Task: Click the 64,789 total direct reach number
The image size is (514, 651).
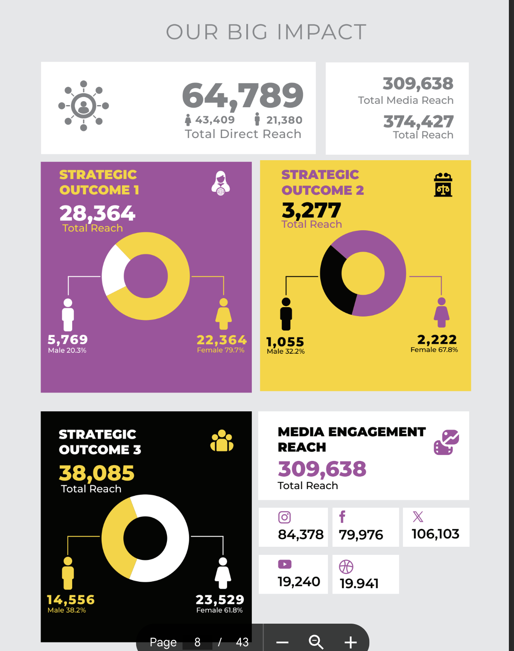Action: tap(242, 96)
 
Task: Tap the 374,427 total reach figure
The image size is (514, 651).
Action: tap(418, 122)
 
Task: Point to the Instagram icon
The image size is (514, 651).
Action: tap(284, 517)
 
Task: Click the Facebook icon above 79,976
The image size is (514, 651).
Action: tap(342, 517)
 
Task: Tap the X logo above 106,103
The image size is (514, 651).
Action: tap(418, 517)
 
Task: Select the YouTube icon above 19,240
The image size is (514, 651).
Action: tap(285, 564)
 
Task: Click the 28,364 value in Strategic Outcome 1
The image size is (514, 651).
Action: tap(97, 213)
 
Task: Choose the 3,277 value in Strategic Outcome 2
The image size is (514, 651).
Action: tap(311, 210)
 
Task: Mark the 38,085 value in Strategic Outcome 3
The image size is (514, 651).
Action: tap(97, 473)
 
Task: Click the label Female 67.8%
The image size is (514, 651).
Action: tap(434, 350)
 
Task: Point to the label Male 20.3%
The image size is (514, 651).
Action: tap(67, 350)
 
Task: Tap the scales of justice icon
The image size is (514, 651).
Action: tap(443, 185)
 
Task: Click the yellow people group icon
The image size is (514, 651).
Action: tap(222, 441)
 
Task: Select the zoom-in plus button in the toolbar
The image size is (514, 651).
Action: tap(350, 642)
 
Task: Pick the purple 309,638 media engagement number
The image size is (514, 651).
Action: tap(322, 469)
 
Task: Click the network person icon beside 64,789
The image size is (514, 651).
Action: tap(84, 106)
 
